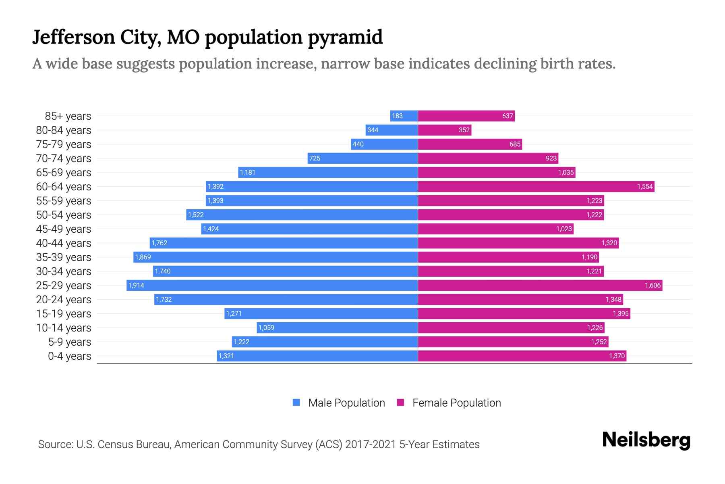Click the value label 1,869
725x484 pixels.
(x=143, y=257)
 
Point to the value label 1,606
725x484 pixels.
(x=652, y=286)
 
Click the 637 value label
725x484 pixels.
(x=507, y=116)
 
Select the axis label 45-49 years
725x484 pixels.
(x=64, y=229)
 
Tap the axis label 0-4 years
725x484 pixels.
(x=69, y=356)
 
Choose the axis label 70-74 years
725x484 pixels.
(x=64, y=159)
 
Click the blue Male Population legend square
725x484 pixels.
(x=296, y=403)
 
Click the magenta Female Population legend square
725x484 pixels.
(x=400, y=403)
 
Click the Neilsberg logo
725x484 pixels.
(x=646, y=440)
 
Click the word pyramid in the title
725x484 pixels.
(x=345, y=38)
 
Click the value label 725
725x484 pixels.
(x=315, y=159)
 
